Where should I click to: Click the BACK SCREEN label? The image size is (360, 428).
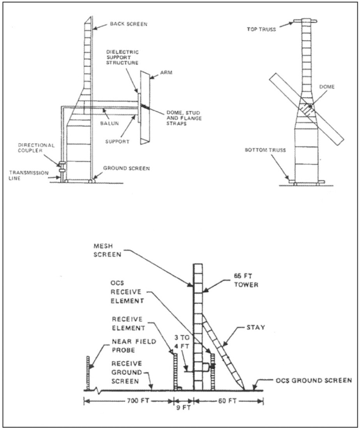[x=129, y=24]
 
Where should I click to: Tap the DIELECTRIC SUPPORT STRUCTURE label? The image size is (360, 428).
[x=122, y=57]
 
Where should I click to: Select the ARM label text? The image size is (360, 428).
[x=166, y=73]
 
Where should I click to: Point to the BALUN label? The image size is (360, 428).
[x=109, y=123]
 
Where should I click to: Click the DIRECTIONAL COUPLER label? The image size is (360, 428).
[x=36, y=148]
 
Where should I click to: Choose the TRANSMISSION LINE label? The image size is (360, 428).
[x=29, y=175]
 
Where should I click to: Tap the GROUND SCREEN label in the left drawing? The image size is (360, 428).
[x=126, y=168]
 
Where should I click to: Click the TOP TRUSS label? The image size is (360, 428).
[x=261, y=29]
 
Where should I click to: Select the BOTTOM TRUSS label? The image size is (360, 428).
[x=265, y=150]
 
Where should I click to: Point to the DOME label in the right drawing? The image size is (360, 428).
[x=327, y=87]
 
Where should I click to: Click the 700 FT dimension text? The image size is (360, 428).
[x=138, y=401]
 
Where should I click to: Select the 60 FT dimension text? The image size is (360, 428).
[x=227, y=401]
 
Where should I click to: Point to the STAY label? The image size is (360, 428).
[x=256, y=327]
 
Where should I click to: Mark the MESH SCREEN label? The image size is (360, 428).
[x=107, y=250]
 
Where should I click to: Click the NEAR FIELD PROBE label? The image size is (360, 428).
[x=134, y=346]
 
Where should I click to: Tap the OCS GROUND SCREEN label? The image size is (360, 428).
[x=314, y=380]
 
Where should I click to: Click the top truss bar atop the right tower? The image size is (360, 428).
[x=305, y=21]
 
